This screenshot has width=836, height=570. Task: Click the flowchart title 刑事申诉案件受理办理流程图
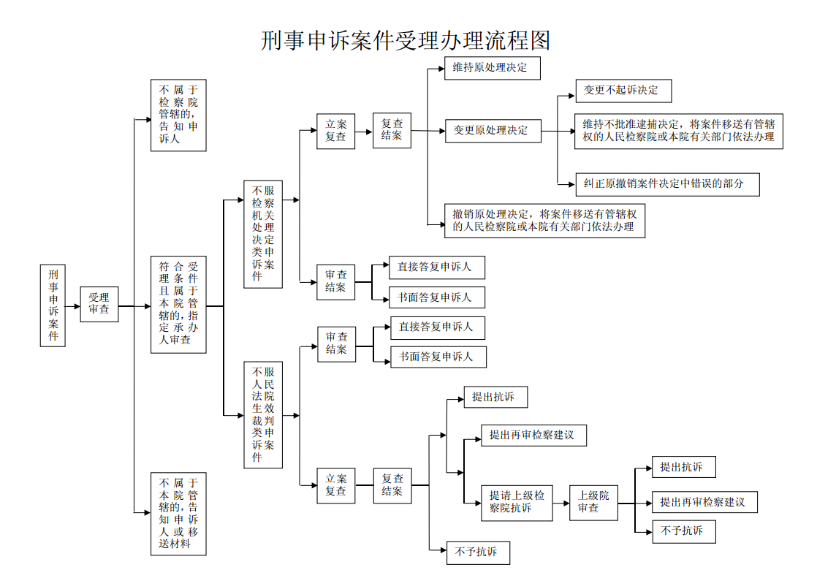click(405, 41)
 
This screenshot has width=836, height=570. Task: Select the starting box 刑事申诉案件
click(53, 305)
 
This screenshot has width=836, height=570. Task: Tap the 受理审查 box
click(99, 304)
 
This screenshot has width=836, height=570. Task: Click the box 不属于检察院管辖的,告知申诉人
click(178, 115)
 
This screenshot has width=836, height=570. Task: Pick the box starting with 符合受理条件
click(178, 305)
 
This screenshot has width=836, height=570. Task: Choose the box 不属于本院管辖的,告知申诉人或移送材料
click(178, 514)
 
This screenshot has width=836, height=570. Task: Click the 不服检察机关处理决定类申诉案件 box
click(263, 235)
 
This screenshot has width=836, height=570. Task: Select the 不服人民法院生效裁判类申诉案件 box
click(263, 415)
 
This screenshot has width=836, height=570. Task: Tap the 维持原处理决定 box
click(492, 68)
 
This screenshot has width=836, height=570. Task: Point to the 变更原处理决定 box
click(493, 131)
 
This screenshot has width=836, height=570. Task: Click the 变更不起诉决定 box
click(623, 91)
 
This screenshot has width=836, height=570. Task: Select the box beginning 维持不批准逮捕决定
click(679, 131)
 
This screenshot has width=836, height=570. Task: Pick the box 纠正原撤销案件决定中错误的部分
click(667, 184)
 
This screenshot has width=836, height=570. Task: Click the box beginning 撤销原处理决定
click(544, 221)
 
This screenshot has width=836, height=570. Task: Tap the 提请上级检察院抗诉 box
click(517, 503)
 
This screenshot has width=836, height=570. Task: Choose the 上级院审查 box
click(593, 503)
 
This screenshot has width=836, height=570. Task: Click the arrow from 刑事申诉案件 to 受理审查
click(72, 307)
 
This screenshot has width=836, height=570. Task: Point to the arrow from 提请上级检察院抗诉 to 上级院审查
click(561, 503)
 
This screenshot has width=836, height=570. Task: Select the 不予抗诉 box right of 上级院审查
click(683, 531)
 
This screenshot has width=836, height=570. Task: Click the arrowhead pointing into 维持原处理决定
click(441, 68)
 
